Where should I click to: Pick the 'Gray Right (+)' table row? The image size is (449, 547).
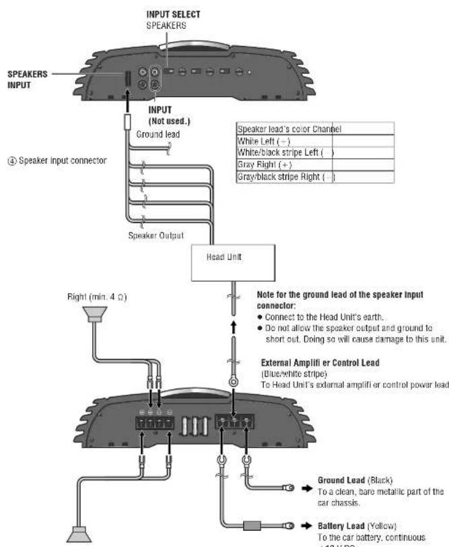pos(259,164)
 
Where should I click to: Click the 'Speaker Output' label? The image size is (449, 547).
pos(156,236)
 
